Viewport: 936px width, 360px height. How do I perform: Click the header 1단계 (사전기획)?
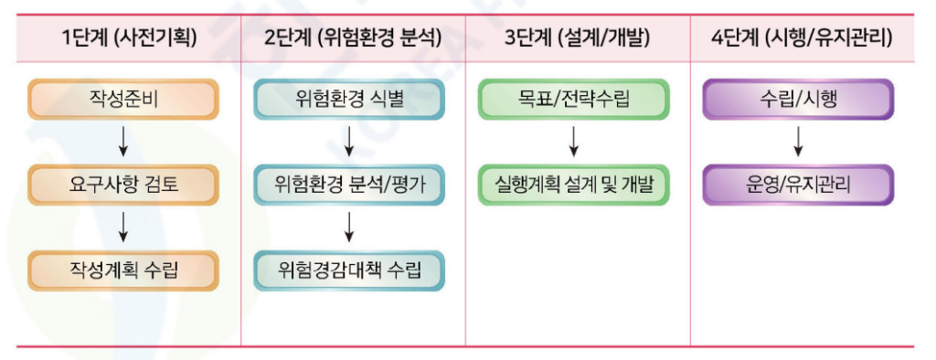[x=129, y=38]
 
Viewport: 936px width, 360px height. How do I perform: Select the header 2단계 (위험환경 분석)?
[x=346, y=38]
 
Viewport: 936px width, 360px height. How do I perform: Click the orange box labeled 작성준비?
[x=124, y=99]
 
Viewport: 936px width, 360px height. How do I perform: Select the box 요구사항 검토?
[x=124, y=185]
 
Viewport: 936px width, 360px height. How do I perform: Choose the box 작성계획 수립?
[x=124, y=270]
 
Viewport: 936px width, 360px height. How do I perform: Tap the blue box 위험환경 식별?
[x=349, y=99]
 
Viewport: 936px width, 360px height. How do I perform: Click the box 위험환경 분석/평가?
[x=349, y=185]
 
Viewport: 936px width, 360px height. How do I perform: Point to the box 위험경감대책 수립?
[x=349, y=270]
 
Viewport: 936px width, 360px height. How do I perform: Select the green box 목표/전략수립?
[x=573, y=99]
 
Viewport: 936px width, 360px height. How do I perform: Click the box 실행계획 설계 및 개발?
[x=573, y=185]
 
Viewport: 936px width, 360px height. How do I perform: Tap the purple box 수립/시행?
[x=798, y=99]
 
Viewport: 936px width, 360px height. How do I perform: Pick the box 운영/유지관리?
[x=798, y=185]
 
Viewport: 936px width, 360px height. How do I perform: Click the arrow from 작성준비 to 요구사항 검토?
[x=124, y=142]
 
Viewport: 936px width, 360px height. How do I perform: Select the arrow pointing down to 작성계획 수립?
[x=124, y=227]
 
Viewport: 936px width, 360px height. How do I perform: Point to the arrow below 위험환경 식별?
[x=349, y=142]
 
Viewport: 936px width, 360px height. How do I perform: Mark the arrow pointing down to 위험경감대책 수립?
[x=349, y=227]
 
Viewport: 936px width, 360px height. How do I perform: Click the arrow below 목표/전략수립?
[x=573, y=142]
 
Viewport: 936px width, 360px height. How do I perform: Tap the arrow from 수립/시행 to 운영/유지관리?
[x=798, y=142]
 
